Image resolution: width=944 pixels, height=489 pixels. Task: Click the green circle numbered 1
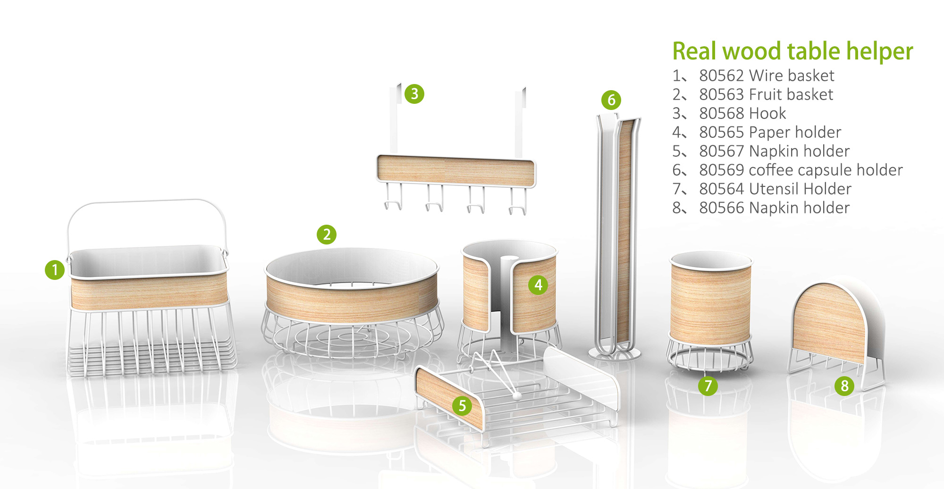click(x=55, y=270)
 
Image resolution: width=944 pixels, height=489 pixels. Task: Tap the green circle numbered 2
click(x=327, y=235)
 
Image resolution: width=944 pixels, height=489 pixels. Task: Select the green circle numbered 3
click(x=414, y=94)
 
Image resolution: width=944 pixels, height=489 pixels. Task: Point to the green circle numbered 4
click(x=538, y=285)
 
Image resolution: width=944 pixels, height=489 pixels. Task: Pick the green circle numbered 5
click(x=462, y=406)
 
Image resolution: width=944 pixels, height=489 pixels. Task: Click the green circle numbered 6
click(x=611, y=100)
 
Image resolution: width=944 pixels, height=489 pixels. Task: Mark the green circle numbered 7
click(x=708, y=386)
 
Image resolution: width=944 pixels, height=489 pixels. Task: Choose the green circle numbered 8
click(x=845, y=386)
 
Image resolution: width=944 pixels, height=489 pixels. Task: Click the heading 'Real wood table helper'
click(x=792, y=51)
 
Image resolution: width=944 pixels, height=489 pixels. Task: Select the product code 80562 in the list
click(x=722, y=76)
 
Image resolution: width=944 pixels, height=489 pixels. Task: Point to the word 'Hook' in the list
click(x=767, y=113)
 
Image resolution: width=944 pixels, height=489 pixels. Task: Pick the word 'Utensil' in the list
click(x=774, y=189)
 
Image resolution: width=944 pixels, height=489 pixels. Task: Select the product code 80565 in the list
click(x=722, y=132)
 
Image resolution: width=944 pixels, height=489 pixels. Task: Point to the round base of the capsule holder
click(x=615, y=354)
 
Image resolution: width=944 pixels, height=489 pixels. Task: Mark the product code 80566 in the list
click(x=722, y=208)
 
